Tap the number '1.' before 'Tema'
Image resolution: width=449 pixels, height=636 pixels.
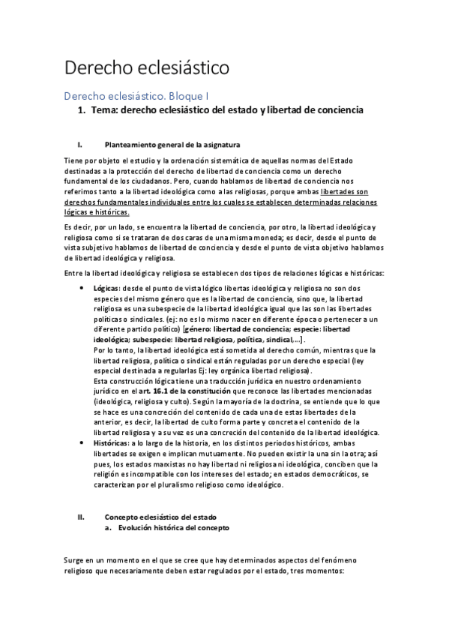82,110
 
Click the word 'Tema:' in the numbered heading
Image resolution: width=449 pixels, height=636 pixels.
105,110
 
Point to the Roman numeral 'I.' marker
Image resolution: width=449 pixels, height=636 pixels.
80,145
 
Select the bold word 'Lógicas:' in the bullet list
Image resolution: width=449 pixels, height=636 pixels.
109,287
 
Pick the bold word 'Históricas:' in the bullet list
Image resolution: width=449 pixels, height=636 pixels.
114,443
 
